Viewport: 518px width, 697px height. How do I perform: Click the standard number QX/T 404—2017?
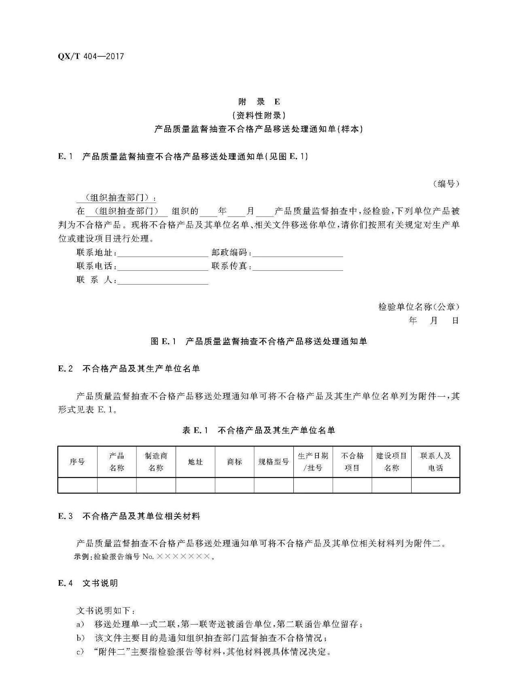[91, 57]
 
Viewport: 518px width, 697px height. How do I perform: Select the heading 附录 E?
[259, 102]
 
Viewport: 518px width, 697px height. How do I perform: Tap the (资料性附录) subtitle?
[259, 115]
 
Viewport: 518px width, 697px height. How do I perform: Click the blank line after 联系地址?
[163, 253]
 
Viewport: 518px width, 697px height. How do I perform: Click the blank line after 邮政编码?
[298, 253]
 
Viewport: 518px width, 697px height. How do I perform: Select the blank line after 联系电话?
[163, 267]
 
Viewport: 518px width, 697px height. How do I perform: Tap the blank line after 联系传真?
[298, 267]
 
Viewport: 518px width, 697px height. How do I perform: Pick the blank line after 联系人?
[163, 281]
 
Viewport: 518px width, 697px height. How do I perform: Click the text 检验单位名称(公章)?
[419, 307]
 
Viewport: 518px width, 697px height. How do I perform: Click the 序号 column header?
[77, 462]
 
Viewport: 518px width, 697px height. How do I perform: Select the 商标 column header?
[234, 462]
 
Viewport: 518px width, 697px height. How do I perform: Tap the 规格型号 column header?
[274, 462]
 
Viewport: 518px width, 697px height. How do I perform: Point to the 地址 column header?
[195, 462]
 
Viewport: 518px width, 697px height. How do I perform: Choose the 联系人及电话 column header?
[435, 462]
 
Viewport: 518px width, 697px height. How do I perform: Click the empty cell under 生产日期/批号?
[313, 485]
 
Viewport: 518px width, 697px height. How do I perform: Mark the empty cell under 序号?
[77, 485]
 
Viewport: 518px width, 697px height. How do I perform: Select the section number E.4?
[66, 583]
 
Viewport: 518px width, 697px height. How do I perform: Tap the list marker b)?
[81, 638]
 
